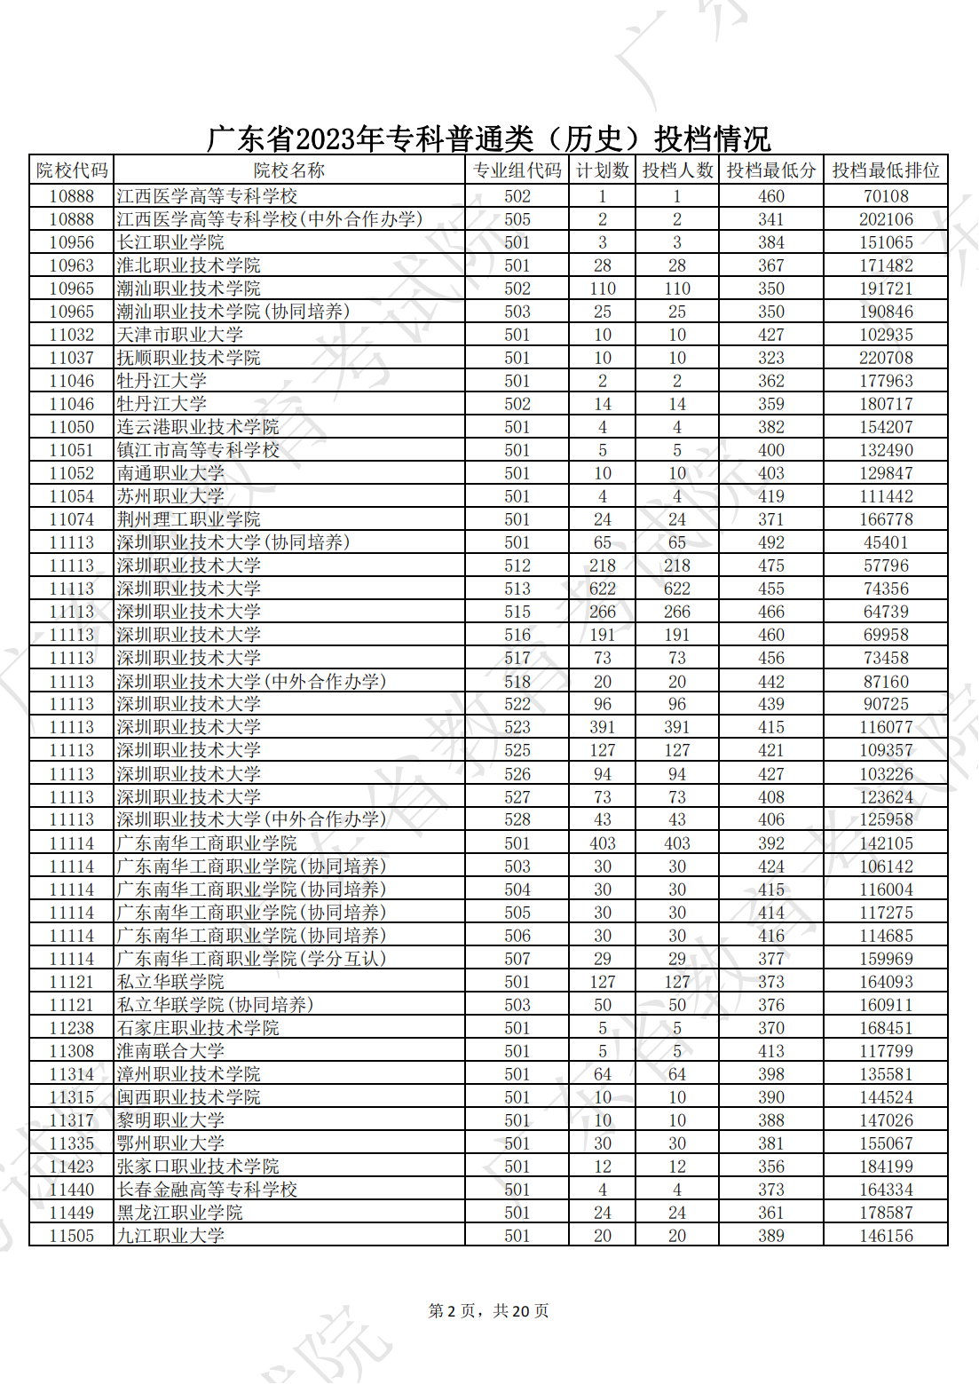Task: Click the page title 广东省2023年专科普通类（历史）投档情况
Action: [x=488, y=138]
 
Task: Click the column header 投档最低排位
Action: [x=885, y=170]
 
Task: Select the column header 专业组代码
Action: [x=517, y=170]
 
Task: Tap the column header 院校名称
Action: [x=288, y=170]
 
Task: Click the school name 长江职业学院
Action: [x=170, y=242]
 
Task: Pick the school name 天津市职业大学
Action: [x=179, y=335]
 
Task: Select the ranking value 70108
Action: [x=885, y=196]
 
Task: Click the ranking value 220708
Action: [x=885, y=358]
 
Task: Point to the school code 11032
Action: [x=71, y=335]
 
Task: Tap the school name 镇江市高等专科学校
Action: [x=198, y=450]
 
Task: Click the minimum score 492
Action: [x=770, y=542]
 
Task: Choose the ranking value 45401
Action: [x=885, y=542]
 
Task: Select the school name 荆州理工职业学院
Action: [x=189, y=519]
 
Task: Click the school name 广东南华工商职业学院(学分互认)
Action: [x=251, y=959]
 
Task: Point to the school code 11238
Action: [x=71, y=1028]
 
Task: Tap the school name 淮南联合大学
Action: [x=170, y=1051]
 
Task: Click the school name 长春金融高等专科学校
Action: [x=207, y=1190]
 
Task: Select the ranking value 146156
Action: [x=885, y=1236]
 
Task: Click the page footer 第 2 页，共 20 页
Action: [x=488, y=1311]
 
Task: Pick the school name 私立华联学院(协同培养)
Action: [x=215, y=1005]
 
